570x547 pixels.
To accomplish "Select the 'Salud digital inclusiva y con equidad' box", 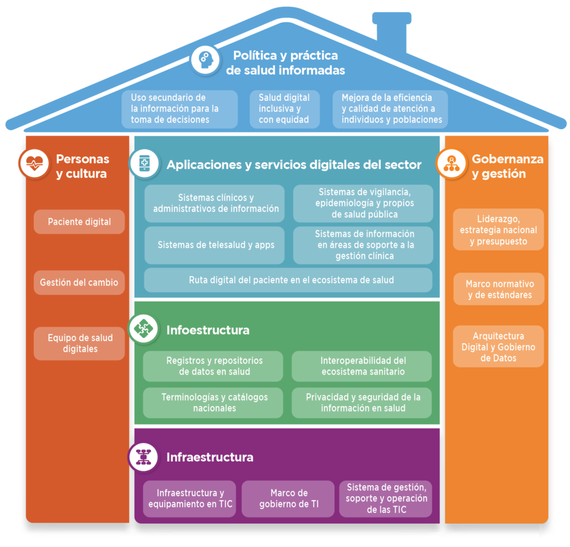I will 284,109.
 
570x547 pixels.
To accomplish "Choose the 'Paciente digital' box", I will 79,222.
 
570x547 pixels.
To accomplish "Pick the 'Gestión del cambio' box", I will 79,283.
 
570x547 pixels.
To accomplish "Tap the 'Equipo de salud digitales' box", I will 79,343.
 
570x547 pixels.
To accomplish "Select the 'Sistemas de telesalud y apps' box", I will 215,245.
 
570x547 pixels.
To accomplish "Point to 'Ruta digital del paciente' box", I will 288,280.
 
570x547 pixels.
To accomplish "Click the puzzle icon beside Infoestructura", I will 144,329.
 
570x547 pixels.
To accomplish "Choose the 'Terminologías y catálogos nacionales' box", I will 213,402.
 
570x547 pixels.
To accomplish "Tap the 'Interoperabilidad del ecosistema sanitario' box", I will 362,366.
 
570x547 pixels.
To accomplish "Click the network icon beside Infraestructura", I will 144,456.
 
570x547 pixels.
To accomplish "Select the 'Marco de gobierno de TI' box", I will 288,499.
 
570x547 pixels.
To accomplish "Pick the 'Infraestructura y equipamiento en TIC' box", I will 190,499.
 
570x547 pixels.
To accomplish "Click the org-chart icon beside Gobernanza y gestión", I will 450,164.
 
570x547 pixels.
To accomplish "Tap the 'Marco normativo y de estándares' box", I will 498,289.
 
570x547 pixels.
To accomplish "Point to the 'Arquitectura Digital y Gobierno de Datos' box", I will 498,347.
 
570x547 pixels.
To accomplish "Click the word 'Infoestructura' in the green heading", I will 208,330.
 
